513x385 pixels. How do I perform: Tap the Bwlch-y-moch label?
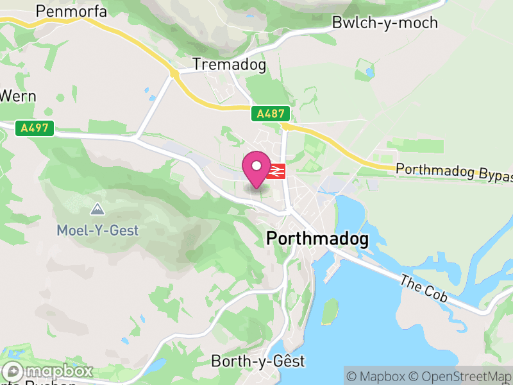385,23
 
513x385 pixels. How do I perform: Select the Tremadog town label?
229,65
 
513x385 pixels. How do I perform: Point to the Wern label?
17,96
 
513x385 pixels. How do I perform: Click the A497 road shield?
35,128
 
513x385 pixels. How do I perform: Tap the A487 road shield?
271,114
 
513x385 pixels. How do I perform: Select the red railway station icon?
276,171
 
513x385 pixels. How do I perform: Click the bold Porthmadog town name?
317,239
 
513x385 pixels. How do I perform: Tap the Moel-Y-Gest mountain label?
97,230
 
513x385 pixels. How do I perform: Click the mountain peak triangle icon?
97,209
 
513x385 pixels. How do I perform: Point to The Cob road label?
424,286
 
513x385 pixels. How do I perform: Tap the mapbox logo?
49,372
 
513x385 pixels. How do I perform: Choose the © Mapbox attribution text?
378,376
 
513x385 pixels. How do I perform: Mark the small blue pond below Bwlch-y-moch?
369,72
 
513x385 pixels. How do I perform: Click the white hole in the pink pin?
256,166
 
